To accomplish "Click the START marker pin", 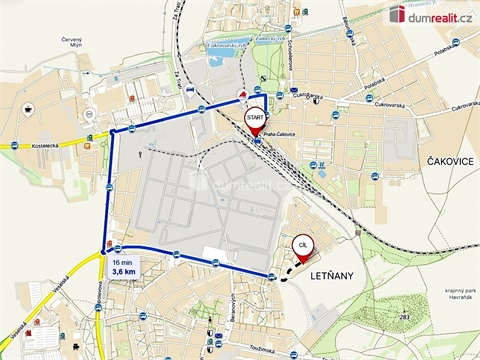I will pyautogui.click(x=254, y=119).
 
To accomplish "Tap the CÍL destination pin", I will pyautogui.click(x=301, y=247).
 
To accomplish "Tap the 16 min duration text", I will pyautogui.click(x=122, y=259).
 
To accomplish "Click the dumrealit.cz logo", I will pyautogui.click(x=430, y=13).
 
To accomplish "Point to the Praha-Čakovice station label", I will pyautogui.click(x=279, y=141).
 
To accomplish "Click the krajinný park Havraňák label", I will pyautogui.click(x=441, y=295).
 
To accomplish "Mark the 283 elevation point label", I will pyautogui.click(x=405, y=316).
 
